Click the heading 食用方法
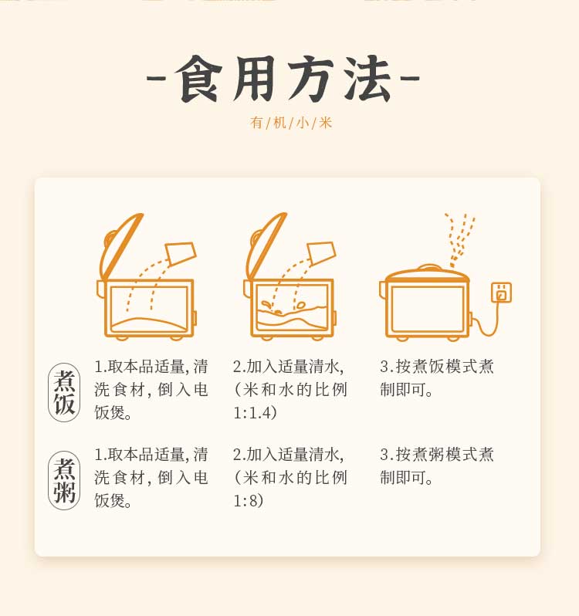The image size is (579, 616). point(283,79)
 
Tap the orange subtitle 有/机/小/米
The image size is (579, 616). point(291,123)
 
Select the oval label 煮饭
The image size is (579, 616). point(64,392)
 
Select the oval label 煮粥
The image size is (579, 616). point(64,480)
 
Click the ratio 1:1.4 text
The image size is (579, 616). point(256,412)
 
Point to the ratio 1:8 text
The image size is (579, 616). point(249,500)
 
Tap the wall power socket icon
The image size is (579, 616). point(502,293)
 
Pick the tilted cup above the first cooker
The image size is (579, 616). point(181,252)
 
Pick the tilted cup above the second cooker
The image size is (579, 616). point(321,252)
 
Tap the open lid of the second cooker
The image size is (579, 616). point(264,248)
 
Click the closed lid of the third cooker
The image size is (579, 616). point(427,274)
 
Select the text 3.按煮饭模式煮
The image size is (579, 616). point(437,367)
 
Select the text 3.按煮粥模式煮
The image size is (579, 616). point(437,455)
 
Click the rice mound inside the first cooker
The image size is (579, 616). point(149,322)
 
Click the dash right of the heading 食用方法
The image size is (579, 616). point(410,78)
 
